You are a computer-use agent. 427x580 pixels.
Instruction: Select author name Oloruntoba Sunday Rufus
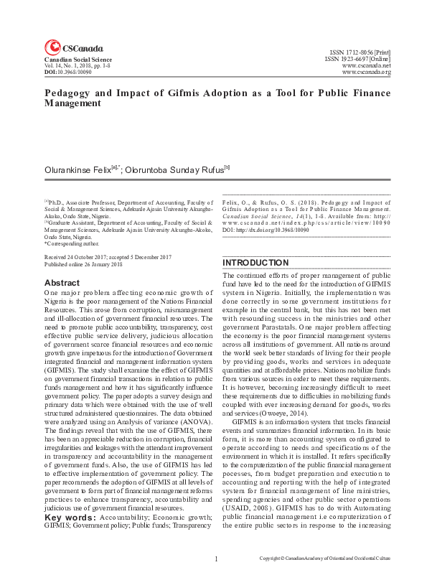tap(174, 170)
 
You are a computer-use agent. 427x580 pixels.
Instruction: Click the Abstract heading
tap(62, 283)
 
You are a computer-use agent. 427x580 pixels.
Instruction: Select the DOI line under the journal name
tap(69, 72)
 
